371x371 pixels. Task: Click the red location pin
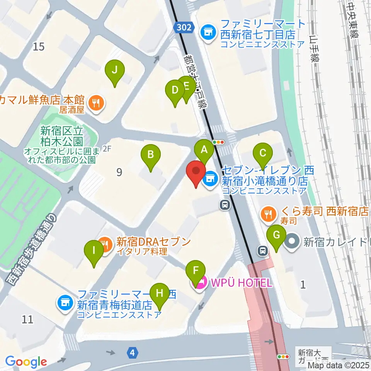click(x=196, y=173)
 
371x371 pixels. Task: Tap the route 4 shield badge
click(x=133, y=352)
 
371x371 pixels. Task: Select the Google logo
click(x=26, y=362)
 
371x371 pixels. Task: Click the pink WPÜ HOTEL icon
click(x=201, y=283)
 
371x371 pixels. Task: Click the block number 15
click(x=39, y=47)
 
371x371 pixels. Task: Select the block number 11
click(x=27, y=319)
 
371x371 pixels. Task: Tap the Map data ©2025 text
click(x=336, y=365)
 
